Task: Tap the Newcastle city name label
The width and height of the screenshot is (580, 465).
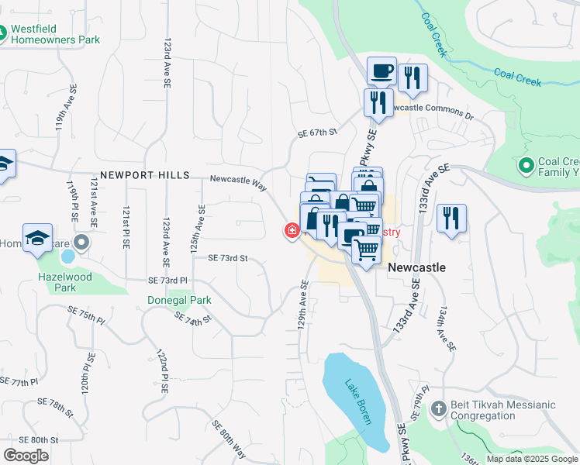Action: coord(416,267)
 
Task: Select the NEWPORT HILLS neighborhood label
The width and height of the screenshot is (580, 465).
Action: coord(144,176)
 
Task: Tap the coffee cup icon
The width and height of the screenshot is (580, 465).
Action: coord(381,72)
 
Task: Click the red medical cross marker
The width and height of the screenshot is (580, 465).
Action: coord(292,230)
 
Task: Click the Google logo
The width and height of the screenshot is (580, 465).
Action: coord(26,455)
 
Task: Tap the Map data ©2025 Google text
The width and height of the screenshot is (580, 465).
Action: coord(532,459)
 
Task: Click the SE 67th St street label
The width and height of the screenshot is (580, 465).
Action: coord(318,133)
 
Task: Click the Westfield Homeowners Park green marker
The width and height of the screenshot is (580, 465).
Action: coord(3,33)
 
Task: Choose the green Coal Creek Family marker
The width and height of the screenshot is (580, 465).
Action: coord(526,166)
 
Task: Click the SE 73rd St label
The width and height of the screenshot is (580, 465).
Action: coord(227,258)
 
